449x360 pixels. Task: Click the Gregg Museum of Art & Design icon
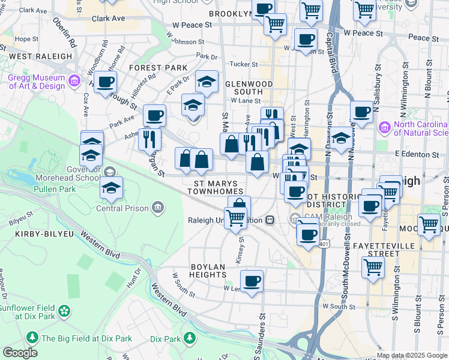(x=74, y=80)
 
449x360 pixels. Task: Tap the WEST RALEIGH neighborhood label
(x=40, y=56)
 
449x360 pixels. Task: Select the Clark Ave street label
(x=108, y=19)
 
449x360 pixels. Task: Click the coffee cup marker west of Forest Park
(x=105, y=82)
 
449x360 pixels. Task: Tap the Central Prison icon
(x=157, y=208)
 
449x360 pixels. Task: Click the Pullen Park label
(x=74, y=189)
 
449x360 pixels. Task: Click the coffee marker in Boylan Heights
(x=252, y=280)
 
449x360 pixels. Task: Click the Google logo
(x=20, y=353)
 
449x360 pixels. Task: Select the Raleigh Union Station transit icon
(x=271, y=220)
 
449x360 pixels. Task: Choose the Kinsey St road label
(x=241, y=248)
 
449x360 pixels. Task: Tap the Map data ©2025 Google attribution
(x=411, y=355)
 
